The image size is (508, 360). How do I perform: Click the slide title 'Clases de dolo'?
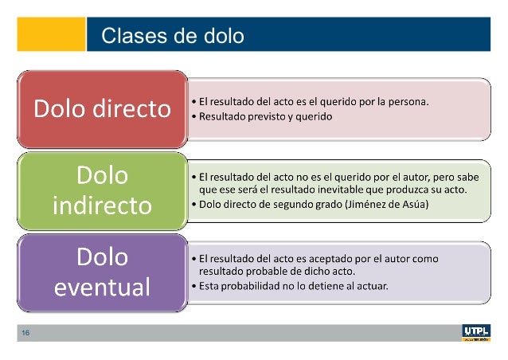pos(173,36)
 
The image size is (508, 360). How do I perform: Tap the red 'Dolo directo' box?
pos(102,109)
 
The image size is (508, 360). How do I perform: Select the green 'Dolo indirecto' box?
pos(102,190)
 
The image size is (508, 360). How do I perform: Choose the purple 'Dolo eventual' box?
pos(102,272)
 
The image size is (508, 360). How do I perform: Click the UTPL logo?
pos(476,333)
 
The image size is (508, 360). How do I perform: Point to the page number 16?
pos(25,334)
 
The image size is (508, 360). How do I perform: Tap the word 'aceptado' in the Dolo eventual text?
pos(315,258)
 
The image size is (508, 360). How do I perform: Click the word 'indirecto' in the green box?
pos(102,205)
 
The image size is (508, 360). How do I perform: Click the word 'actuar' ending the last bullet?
pos(373,286)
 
